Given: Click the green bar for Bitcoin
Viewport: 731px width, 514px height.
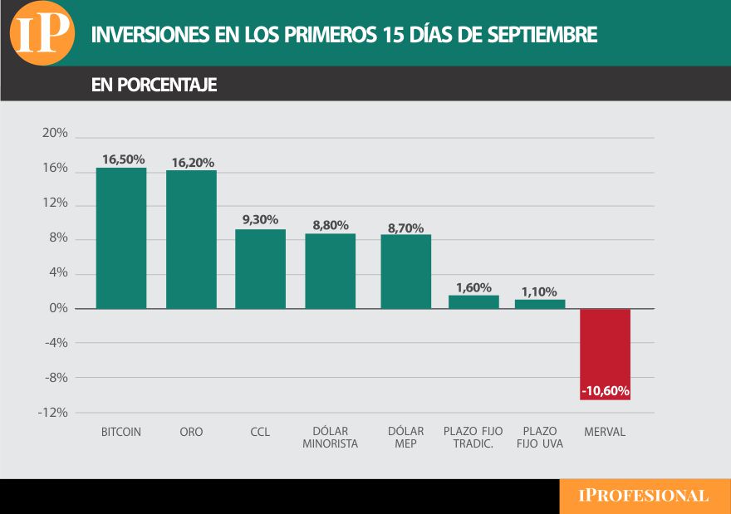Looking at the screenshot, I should click(x=121, y=238).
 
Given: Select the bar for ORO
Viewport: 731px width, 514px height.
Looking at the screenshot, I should click(x=191, y=240).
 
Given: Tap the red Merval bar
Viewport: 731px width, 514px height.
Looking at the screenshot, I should click(x=605, y=354).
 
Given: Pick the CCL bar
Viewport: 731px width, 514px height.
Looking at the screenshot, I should click(x=260, y=269).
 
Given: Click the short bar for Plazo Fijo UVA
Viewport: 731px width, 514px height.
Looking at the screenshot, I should click(x=540, y=304).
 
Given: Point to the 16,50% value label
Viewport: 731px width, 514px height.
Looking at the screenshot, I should click(x=123, y=159).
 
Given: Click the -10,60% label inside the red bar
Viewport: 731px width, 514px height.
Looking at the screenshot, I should click(x=605, y=390).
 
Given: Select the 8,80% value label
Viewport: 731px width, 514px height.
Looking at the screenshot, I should click(x=330, y=225).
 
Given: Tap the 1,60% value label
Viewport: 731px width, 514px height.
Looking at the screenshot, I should click(x=473, y=287).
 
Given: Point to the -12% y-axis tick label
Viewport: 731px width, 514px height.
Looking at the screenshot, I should click(x=52, y=412).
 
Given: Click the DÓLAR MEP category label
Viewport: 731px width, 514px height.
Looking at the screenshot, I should click(x=405, y=438).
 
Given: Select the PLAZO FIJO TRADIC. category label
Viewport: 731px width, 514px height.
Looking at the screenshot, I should click(x=473, y=438).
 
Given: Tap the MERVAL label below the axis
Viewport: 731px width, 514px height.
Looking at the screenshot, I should click(x=604, y=432).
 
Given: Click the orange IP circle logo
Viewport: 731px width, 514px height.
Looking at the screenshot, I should click(x=41, y=34).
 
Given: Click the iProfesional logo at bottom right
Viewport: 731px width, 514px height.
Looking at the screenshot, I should click(x=644, y=496).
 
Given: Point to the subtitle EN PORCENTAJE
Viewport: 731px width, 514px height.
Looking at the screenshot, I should click(x=154, y=85).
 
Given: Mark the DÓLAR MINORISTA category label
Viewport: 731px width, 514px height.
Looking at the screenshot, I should click(x=330, y=438).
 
